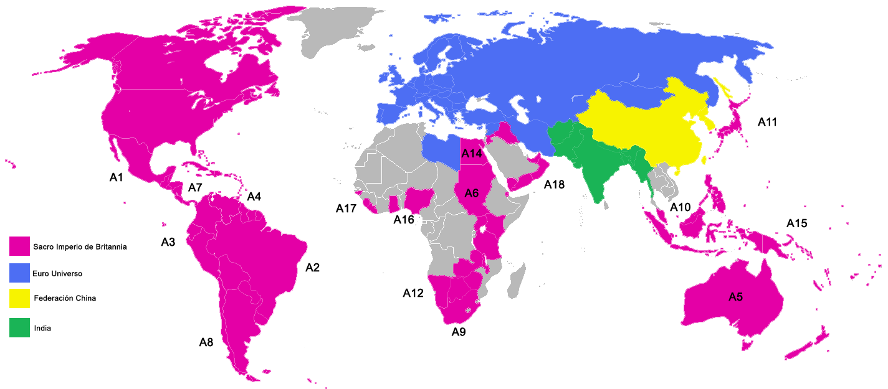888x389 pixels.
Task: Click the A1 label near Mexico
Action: tap(117, 178)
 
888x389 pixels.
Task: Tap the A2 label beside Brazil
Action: tap(312, 268)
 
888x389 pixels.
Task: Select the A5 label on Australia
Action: tap(735, 298)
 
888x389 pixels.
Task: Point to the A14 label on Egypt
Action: tap(472, 152)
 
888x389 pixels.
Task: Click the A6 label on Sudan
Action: tap(471, 194)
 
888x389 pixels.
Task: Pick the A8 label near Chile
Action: tap(206, 342)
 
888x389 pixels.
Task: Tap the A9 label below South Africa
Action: tap(459, 332)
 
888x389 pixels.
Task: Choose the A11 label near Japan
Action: tap(767, 123)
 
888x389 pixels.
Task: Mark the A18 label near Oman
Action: tap(554, 184)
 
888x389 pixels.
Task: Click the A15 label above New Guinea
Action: tap(797, 223)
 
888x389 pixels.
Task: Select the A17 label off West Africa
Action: tap(346, 209)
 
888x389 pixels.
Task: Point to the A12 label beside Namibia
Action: tap(413, 293)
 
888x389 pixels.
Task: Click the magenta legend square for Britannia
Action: tap(19, 246)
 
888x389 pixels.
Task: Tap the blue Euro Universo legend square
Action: tap(19, 273)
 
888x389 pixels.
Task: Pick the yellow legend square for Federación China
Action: tap(19, 299)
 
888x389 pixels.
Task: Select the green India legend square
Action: tap(19, 327)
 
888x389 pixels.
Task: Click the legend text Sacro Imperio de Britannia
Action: tap(80, 247)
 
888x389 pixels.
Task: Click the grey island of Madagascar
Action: tap(516, 283)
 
